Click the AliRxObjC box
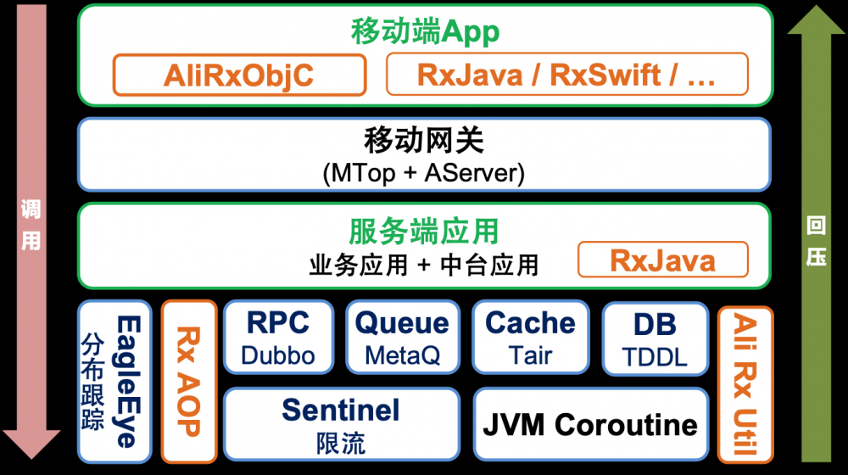pyautogui.click(x=240, y=75)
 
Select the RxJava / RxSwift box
pyautogui.click(x=567, y=74)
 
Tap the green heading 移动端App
pyautogui.click(x=425, y=31)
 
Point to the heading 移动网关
pyautogui.click(x=424, y=140)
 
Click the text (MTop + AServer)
pyautogui.click(x=424, y=173)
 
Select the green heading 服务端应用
pyautogui.click(x=424, y=231)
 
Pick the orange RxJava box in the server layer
pyautogui.click(x=663, y=260)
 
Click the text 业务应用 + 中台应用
pyautogui.click(x=424, y=265)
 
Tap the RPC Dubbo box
pyautogui.click(x=278, y=337)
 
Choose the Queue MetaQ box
pyautogui.click(x=403, y=337)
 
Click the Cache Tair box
pyautogui.click(x=531, y=337)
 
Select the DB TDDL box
pyautogui.click(x=655, y=338)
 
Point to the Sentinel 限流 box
pyautogui.click(x=341, y=424)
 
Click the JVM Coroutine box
pyautogui.click(x=590, y=424)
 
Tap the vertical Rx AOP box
pyautogui.click(x=189, y=382)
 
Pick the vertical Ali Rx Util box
pyautogui.click(x=745, y=384)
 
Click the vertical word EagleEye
pyautogui.click(x=129, y=382)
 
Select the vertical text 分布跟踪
pyautogui.click(x=92, y=382)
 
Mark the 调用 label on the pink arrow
pyautogui.click(x=31, y=225)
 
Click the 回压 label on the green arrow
pyautogui.click(x=816, y=241)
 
